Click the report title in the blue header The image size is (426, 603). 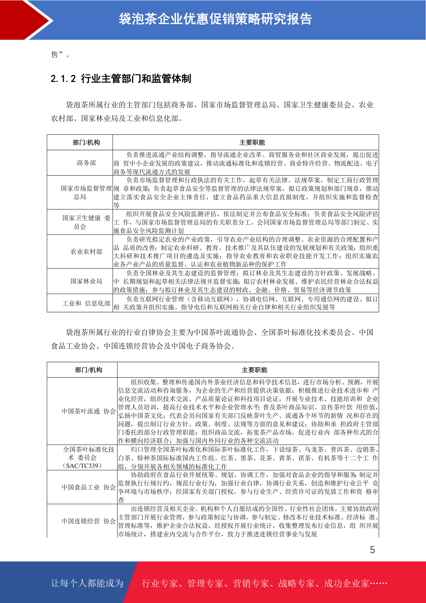tap(215, 19)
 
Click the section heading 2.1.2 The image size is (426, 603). tap(121, 78)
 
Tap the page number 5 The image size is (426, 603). tap(372, 550)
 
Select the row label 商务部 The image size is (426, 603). tap(87, 163)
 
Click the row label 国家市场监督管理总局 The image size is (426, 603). tap(86, 192)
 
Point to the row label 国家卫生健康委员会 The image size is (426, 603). tap(86, 222)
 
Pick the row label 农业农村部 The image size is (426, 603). tap(87, 252)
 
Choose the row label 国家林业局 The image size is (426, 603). tap(87, 281)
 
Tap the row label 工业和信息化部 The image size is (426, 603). tap(87, 303)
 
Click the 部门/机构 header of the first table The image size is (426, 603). tap(87, 143)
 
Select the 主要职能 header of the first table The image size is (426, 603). tap(252, 143)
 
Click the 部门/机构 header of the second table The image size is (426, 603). tap(89, 370)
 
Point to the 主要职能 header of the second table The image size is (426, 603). tap(254, 370)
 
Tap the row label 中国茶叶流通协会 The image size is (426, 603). tap(89, 411)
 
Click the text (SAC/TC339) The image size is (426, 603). tap(82, 466)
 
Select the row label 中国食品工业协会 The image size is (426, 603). tap(89, 487)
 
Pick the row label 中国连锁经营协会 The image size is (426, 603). tap(89, 521)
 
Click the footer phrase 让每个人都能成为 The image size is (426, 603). tap(87, 583)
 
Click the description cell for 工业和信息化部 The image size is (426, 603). tap(246, 303)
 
